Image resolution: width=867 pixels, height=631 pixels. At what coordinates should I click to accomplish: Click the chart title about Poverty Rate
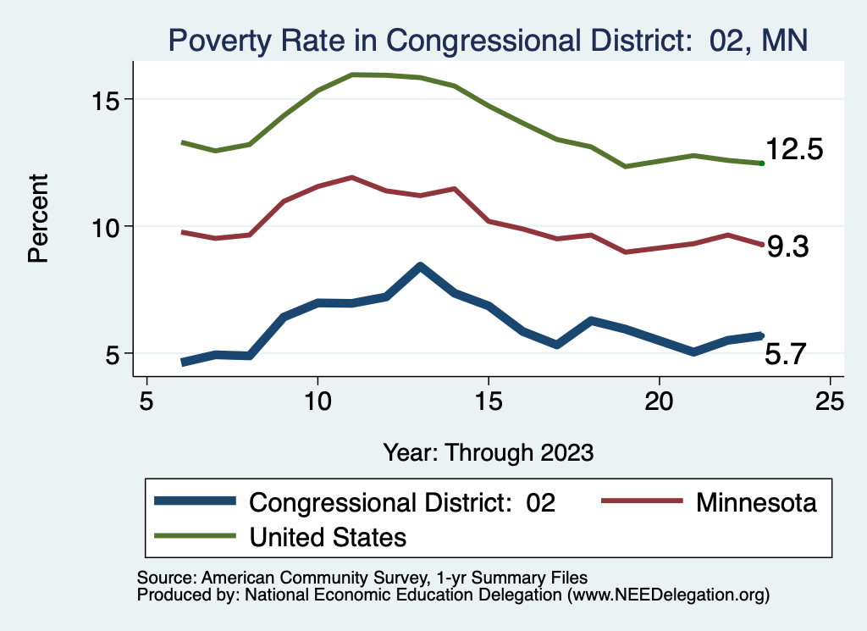click(x=488, y=40)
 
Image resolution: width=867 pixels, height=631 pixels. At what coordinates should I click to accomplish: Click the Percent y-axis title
click(x=39, y=218)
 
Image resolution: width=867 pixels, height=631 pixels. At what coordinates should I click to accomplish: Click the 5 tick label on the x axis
click(x=147, y=401)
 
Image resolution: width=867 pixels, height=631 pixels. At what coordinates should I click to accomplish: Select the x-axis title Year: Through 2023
click(x=488, y=451)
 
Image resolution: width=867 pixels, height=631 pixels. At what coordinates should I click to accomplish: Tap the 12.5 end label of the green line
click(x=794, y=150)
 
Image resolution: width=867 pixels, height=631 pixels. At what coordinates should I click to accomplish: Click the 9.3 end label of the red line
click(x=787, y=247)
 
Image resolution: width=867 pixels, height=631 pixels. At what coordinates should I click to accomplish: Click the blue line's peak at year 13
click(x=420, y=267)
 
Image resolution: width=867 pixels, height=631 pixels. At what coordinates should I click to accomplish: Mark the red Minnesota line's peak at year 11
click(x=351, y=178)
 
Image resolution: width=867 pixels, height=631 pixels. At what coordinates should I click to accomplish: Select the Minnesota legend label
click(x=756, y=502)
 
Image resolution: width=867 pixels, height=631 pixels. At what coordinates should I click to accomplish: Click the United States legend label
click(x=328, y=536)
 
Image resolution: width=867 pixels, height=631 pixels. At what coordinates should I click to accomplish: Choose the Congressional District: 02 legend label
click(x=401, y=502)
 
